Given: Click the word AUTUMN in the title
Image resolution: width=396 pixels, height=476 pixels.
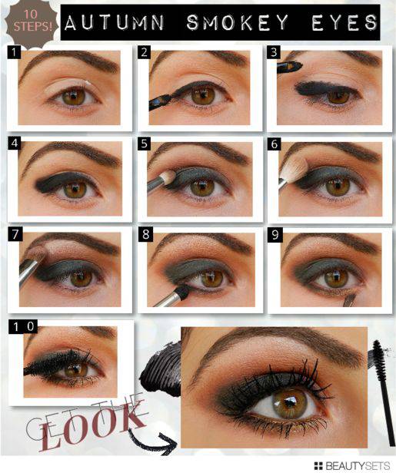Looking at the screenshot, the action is [x=114, y=22].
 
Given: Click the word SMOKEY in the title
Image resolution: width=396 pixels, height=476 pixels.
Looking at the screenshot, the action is [x=238, y=22].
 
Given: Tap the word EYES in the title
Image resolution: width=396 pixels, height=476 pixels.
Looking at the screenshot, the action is [x=344, y=22].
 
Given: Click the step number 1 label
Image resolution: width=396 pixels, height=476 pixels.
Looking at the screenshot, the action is [x=14, y=52].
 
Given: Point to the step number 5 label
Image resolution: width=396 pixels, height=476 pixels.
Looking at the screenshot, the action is [x=144, y=144].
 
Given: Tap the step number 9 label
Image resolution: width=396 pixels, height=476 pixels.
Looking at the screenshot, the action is [x=275, y=235].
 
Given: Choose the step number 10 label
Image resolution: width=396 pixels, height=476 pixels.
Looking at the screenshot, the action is [x=23, y=326].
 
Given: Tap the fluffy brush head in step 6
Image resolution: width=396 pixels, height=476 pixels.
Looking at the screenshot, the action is [x=294, y=169].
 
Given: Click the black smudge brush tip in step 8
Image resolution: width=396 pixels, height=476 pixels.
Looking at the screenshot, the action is [x=182, y=290].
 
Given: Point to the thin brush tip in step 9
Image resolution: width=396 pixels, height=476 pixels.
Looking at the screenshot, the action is [x=351, y=299].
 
